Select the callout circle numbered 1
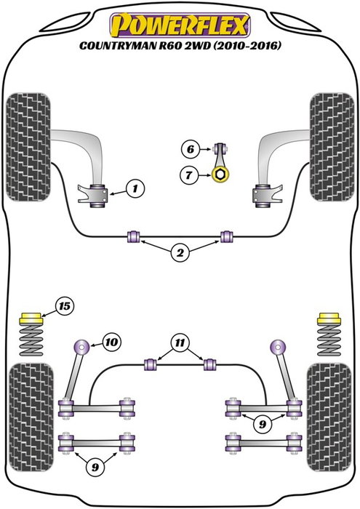point(134,190)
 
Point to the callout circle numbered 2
point(179,254)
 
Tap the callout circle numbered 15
point(65,306)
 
